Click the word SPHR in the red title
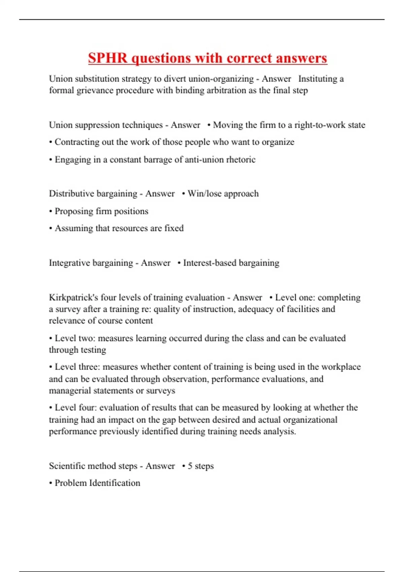[x=108, y=58]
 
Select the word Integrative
[x=69, y=263]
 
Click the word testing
[x=92, y=350]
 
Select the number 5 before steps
[x=190, y=466]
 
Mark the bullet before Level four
[x=50, y=408]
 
